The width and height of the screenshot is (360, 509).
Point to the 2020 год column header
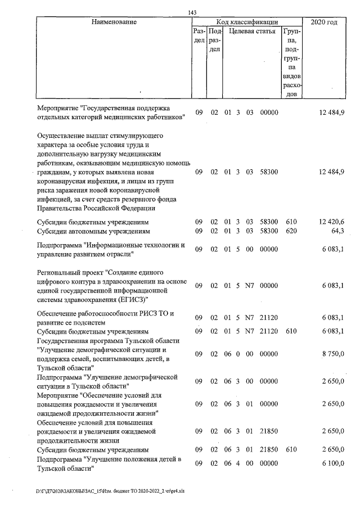(324, 22)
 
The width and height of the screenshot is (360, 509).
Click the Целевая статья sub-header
(251, 32)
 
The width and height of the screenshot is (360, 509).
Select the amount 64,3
(337, 231)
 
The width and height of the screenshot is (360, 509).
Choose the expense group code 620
(291, 231)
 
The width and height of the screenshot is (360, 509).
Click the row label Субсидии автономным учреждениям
(93, 231)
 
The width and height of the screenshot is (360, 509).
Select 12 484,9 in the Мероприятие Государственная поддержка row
(332, 112)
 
